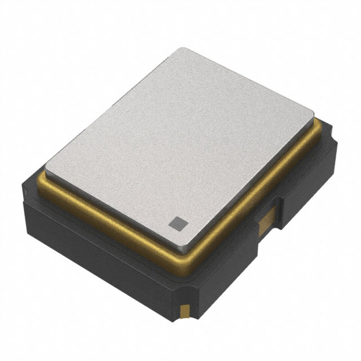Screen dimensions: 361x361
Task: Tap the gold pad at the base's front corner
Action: coord(184,310)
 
